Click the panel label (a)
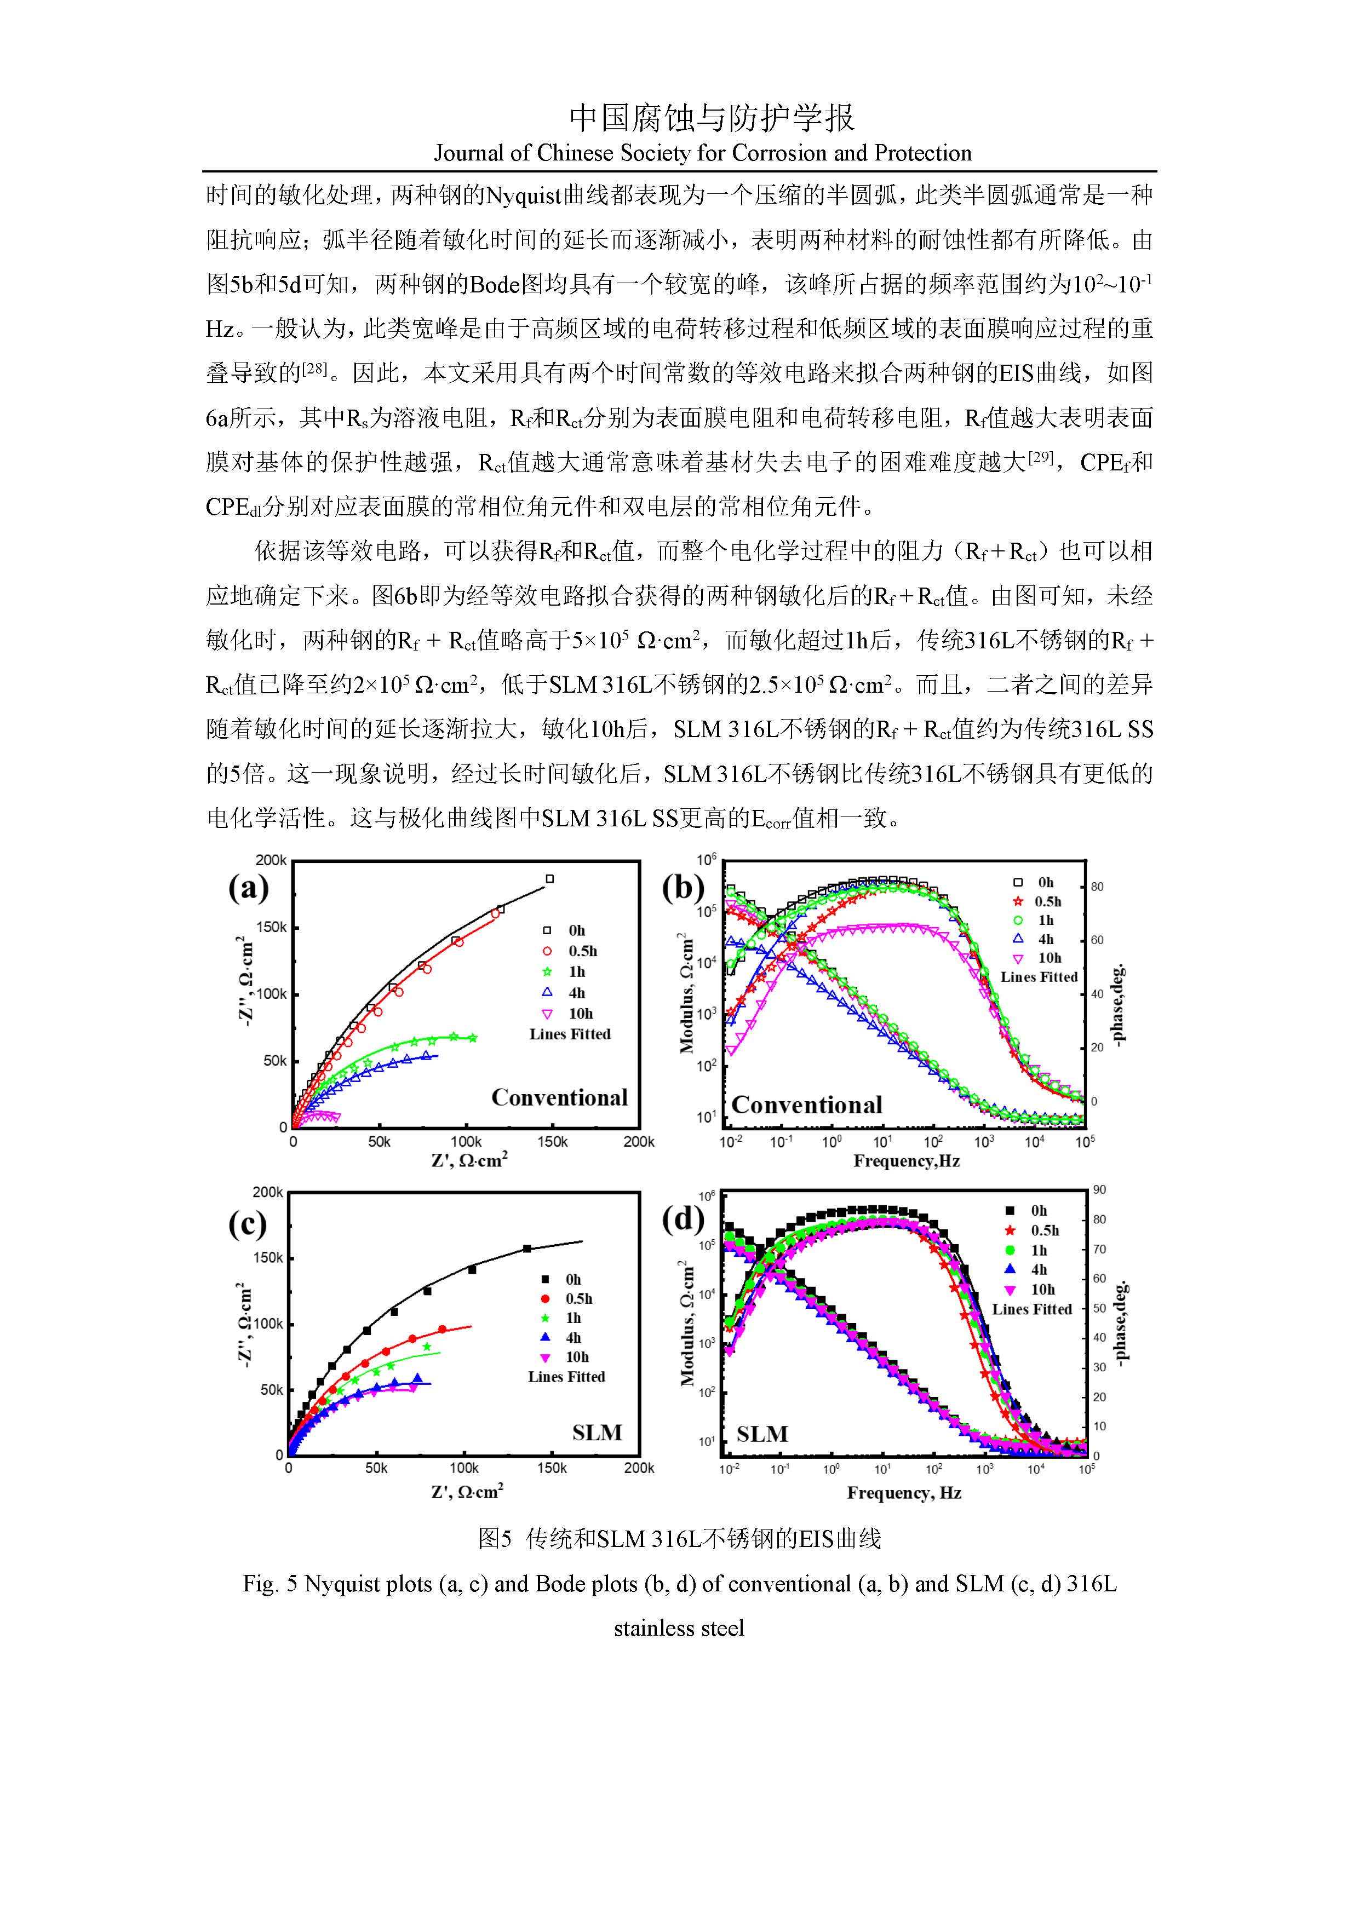point(249,888)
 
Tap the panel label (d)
point(684,1220)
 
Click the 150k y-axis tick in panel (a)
point(271,927)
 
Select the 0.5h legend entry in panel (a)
point(571,951)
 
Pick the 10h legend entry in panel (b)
point(1037,958)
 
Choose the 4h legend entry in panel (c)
point(563,1338)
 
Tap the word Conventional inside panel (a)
point(559,1098)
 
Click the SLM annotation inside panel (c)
point(598,1433)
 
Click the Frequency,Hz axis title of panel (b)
point(907,1161)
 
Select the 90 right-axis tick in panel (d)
point(1099,1190)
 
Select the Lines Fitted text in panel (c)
point(566,1376)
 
